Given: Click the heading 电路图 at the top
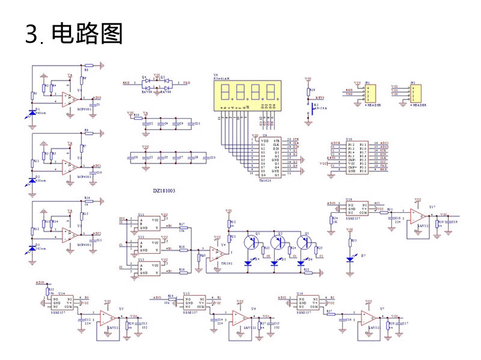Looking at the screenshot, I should coord(87,34).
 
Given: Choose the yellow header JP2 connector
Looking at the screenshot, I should coord(415,93).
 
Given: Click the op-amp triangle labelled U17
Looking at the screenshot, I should coord(415,215).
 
